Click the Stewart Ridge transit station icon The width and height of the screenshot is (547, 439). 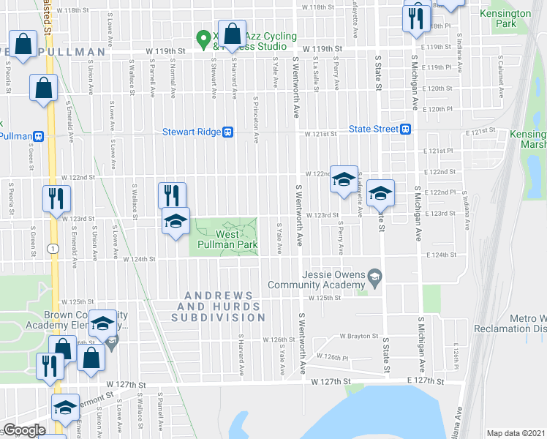[229, 132]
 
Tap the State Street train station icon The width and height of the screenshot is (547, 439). [404, 130]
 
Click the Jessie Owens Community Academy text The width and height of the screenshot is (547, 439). [316, 280]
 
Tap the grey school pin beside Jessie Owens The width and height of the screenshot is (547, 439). [375, 276]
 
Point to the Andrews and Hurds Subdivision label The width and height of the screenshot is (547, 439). [218, 307]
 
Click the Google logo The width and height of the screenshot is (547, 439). [25, 430]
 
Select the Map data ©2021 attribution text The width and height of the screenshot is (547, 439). [516, 433]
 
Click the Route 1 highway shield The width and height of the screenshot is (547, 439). [53, 249]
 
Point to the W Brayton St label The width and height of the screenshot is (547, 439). [357, 336]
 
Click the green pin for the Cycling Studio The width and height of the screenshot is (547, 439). [207, 37]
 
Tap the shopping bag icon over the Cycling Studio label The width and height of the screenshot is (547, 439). [232, 34]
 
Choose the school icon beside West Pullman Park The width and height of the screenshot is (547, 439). [176, 220]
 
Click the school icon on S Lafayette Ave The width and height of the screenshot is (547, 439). [343, 179]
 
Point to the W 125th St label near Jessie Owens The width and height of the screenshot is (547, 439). [326, 298]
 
